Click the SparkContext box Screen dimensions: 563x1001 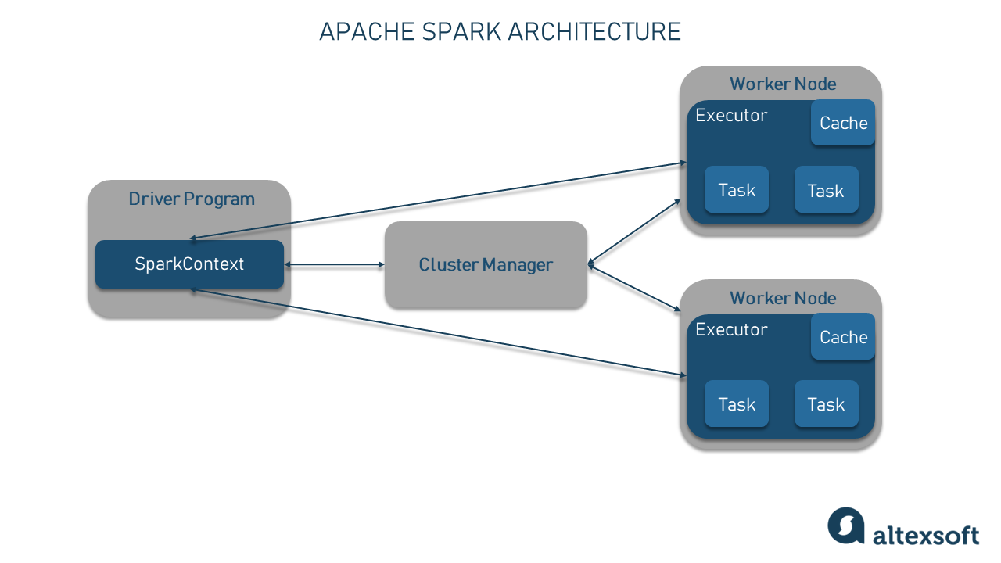[189, 264]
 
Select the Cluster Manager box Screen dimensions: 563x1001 [486, 264]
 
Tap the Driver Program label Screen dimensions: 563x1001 [192, 199]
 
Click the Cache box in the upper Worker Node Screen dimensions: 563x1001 [843, 123]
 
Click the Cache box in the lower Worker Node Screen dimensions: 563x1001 [843, 337]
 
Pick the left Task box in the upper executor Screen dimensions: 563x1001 [737, 190]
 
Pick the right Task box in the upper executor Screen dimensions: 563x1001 [826, 190]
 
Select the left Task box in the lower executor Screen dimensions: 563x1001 [737, 404]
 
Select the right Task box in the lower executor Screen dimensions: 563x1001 [826, 404]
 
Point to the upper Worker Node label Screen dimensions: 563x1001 [783, 84]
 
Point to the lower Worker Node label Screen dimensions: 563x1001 [783, 298]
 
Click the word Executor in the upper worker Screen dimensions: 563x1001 [731, 116]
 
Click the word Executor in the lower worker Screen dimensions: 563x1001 [731, 329]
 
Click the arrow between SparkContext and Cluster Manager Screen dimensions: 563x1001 [334, 265]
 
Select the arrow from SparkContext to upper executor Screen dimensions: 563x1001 [438, 201]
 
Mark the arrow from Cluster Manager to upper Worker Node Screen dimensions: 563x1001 [633, 232]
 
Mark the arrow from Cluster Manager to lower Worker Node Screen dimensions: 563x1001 [633, 289]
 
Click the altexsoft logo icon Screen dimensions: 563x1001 [846, 525]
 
